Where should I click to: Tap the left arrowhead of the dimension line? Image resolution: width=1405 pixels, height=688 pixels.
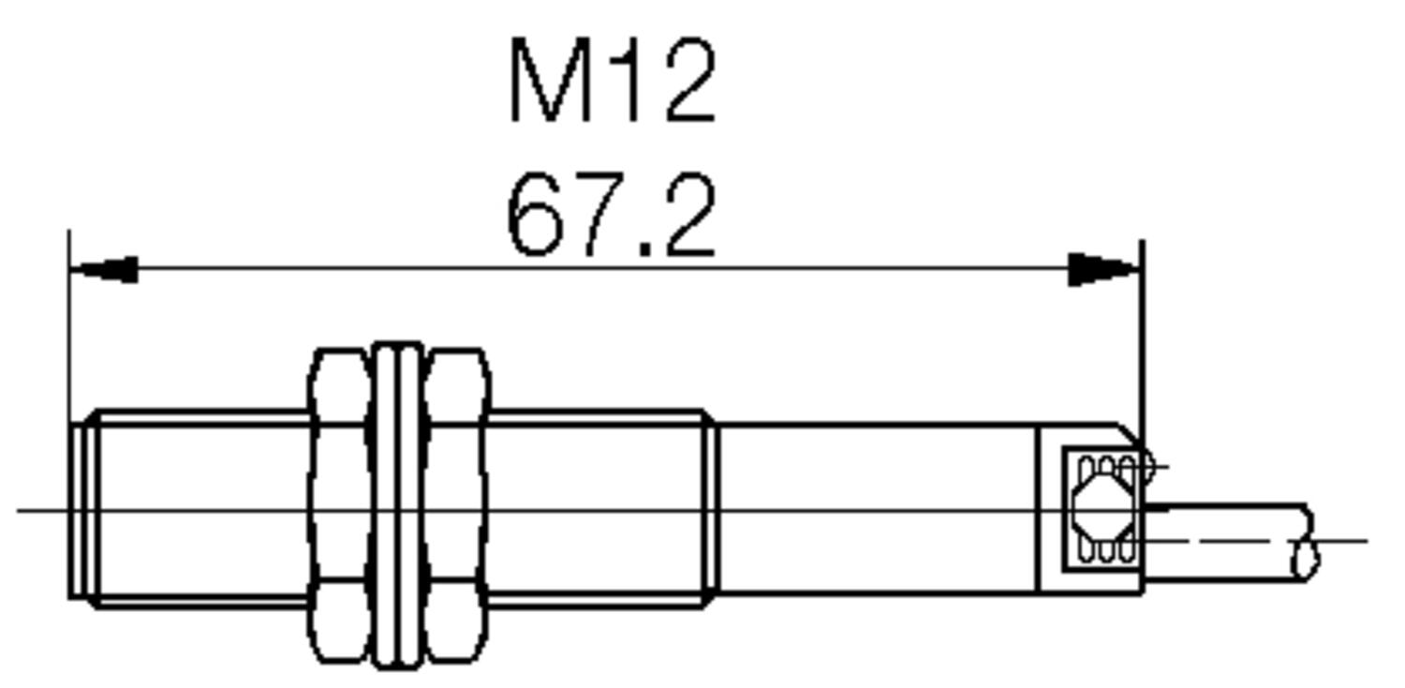click(x=105, y=270)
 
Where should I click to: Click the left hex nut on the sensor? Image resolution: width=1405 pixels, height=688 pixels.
click(x=339, y=506)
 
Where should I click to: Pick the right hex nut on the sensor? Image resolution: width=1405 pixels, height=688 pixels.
click(x=457, y=506)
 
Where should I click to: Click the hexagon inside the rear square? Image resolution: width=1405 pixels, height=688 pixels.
click(x=1101, y=507)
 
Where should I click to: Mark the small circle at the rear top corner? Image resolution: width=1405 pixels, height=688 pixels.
click(x=1145, y=465)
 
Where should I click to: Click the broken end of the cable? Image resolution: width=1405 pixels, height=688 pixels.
click(x=1307, y=542)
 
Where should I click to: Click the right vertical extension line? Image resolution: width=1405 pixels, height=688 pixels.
click(x=1143, y=337)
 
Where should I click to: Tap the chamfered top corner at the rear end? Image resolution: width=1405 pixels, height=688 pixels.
click(x=1131, y=435)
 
